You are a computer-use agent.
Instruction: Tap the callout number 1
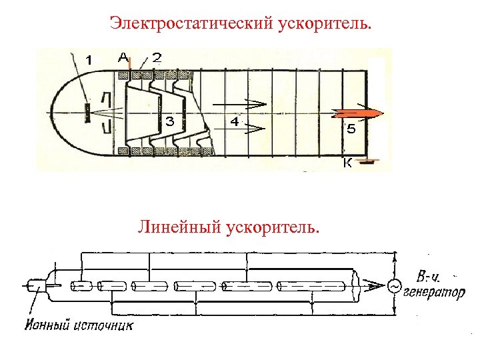point(89,60)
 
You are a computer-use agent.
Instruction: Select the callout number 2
point(156,57)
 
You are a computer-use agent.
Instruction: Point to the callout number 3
point(170,121)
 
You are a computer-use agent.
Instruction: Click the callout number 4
point(235,121)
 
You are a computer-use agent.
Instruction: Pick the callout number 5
point(351,129)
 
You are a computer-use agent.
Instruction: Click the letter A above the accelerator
point(123,57)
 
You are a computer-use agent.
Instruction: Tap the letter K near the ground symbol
point(347,163)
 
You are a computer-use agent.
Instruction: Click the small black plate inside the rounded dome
point(87,112)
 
